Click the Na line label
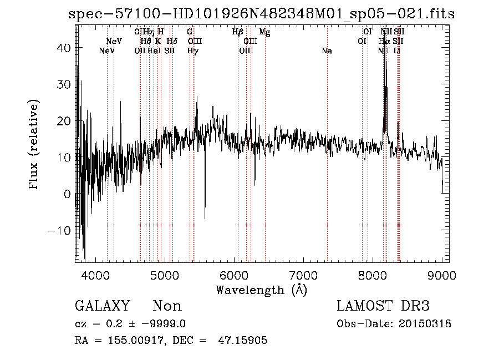click(x=327, y=51)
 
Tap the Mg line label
click(x=264, y=32)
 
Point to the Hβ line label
click(x=238, y=32)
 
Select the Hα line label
click(x=384, y=41)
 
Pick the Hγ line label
click(x=192, y=51)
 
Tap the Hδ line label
click(x=172, y=41)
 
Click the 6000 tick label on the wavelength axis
click(x=234, y=275)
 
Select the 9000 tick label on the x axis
click(x=442, y=275)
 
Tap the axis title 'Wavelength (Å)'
click(x=261, y=290)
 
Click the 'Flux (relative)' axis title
click(x=34, y=145)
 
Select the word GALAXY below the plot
click(x=102, y=306)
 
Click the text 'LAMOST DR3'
click(x=383, y=306)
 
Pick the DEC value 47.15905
click(x=245, y=341)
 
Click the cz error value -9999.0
click(x=170, y=324)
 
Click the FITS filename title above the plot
click(x=261, y=14)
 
